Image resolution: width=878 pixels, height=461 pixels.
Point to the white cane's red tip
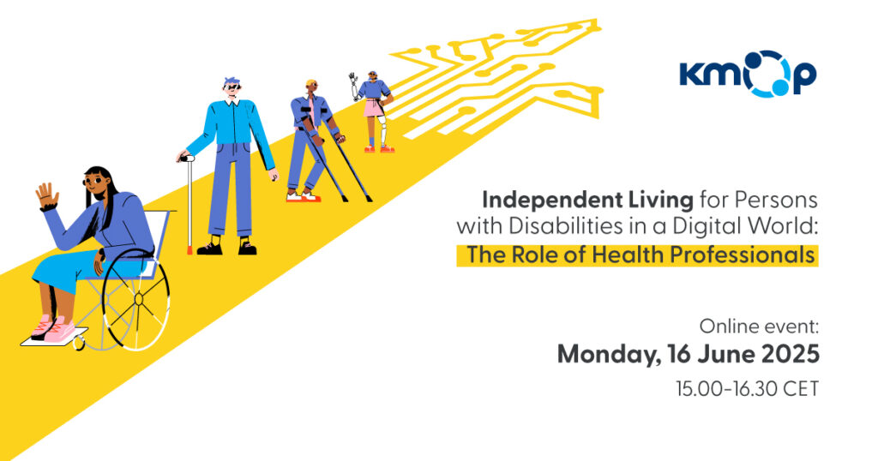point(189,250)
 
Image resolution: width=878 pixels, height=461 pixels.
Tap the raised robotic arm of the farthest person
point(352,84)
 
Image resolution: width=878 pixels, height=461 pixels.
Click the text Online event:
point(759,326)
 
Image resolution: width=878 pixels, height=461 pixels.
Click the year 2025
point(788,354)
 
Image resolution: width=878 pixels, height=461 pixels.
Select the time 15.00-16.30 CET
point(747,388)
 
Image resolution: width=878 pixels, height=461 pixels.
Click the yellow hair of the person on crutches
point(311,83)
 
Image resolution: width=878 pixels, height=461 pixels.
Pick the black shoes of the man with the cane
point(226,248)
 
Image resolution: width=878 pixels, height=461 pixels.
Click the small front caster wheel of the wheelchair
point(79,343)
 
